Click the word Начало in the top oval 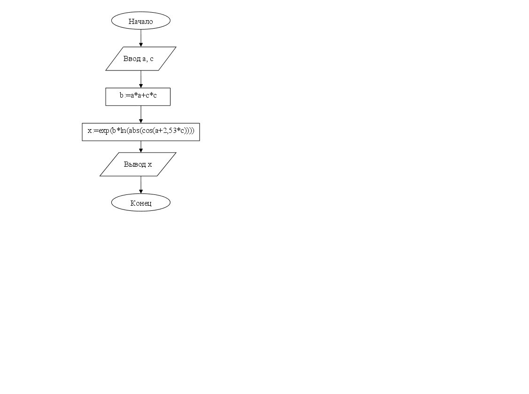coord(140,22)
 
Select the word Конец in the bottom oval coord(141,203)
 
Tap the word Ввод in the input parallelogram coord(132,59)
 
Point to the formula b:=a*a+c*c coord(138,95)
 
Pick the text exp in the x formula coord(104,131)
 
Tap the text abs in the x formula coord(134,131)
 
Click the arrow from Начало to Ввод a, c coord(141,38)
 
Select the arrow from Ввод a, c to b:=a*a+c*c coord(141,79)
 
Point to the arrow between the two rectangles coord(141,115)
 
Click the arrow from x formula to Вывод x coord(141,147)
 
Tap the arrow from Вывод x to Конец coord(141,185)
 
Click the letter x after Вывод coord(150,165)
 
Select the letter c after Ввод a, coord(151,59)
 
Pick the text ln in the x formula coord(124,131)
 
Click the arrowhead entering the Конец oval coord(141,192)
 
